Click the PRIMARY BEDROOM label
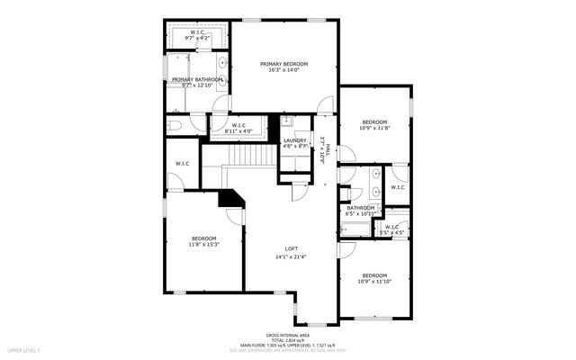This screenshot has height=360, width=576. (x=284, y=64)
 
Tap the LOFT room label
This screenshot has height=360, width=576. (x=292, y=248)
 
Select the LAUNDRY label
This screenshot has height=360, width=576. (x=295, y=140)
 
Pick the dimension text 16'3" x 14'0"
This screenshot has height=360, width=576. (x=284, y=71)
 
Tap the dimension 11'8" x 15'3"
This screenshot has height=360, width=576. (x=203, y=245)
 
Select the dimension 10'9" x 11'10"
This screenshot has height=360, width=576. (x=374, y=282)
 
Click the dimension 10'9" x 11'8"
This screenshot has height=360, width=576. (x=374, y=129)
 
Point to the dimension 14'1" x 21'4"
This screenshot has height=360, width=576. (x=292, y=256)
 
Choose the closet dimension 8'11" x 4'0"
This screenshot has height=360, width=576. (x=239, y=131)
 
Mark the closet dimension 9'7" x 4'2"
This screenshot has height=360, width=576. (x=196, y=39)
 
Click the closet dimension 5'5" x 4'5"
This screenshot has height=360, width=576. (x=391, y=233)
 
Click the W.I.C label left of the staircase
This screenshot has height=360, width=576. (x=182, y=163)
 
